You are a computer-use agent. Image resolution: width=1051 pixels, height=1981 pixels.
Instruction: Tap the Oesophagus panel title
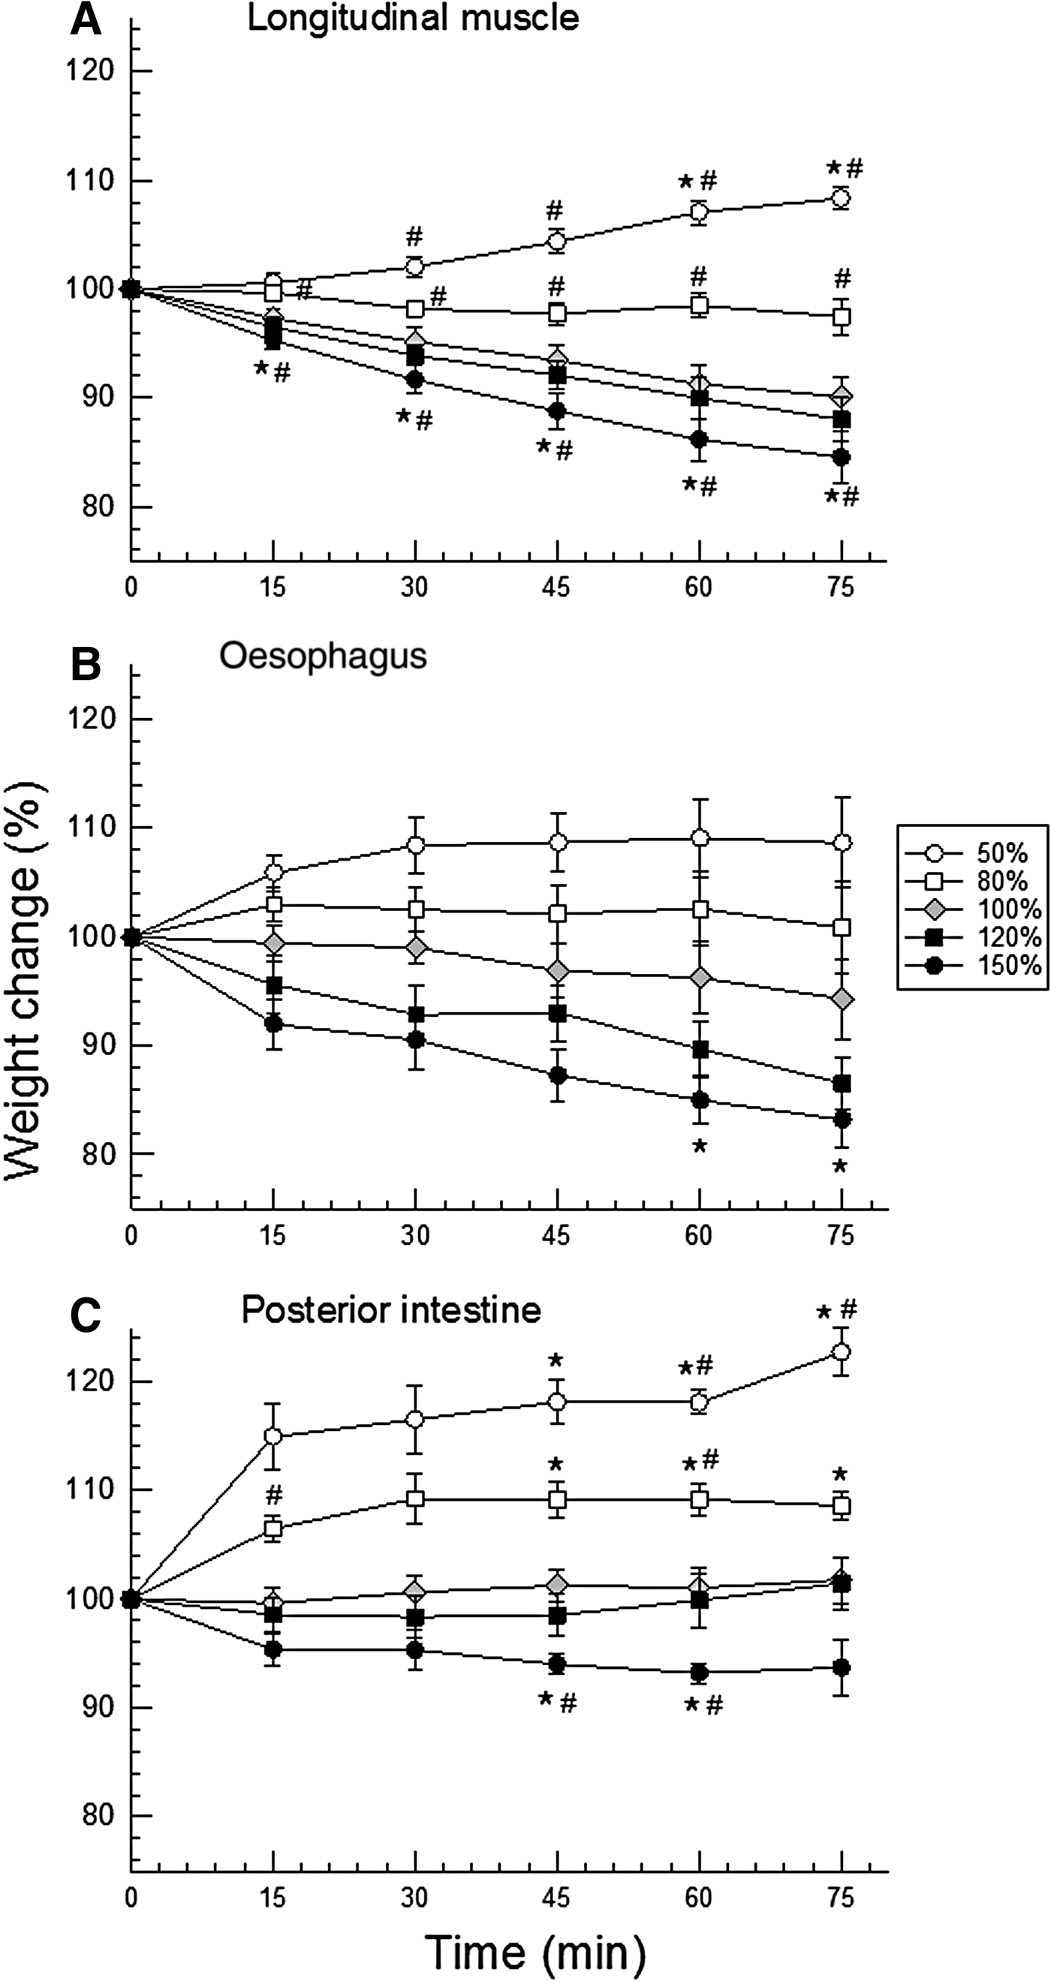(322, 657)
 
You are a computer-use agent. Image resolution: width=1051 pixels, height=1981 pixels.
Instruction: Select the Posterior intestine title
(391, 1309)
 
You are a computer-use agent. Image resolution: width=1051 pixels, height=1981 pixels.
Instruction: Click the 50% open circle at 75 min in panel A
(841, 198)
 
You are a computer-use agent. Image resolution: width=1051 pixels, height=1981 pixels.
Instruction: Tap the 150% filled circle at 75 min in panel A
(841, 457)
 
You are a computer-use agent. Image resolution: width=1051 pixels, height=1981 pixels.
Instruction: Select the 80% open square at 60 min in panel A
(699, 305)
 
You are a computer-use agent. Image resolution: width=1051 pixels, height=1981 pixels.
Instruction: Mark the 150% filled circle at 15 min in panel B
(273, 1024)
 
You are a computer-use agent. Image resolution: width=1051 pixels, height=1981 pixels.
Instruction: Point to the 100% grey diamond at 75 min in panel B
(842, 999)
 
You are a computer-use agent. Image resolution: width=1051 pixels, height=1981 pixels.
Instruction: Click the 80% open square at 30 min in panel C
(415, 1499)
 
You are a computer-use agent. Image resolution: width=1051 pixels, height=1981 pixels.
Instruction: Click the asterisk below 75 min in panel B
(839, 1167)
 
